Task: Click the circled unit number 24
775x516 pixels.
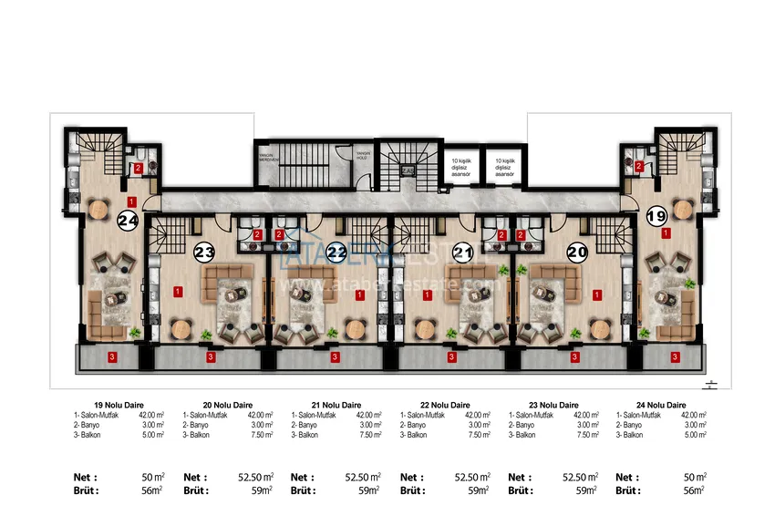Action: coord(128,220)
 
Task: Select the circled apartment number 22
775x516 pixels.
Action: coord(337,253)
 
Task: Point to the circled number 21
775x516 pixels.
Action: coord(463,253)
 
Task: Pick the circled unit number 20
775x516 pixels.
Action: coord(576,253)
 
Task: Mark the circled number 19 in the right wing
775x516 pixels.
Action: coord(656,217)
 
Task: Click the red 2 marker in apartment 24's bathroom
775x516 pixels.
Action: coord(139,168)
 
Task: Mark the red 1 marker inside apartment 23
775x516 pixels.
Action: coord(177,292)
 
